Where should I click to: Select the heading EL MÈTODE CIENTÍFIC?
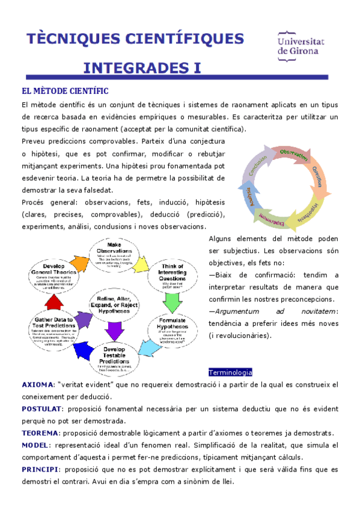pos(65,91)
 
